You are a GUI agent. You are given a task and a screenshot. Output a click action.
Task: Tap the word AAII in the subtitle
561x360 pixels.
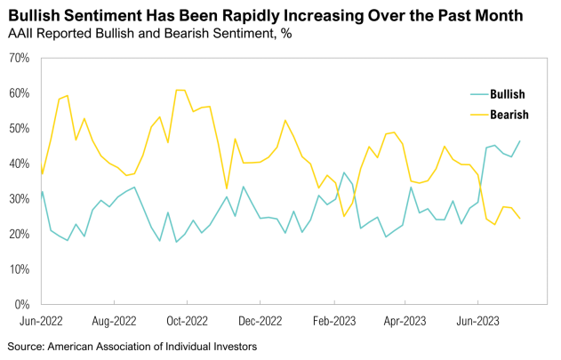click(x=22, y=34)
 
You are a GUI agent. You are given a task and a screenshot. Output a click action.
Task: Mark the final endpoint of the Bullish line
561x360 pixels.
click(x=520, y=141)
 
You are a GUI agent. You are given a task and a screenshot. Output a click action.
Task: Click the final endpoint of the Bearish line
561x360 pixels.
click(x=520, y=219)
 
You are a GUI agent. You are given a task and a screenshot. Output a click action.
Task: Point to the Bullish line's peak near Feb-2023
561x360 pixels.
click(x=344, y=172)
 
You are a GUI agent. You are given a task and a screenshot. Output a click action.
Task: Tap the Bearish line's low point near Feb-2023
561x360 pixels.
click(x=344, y=216)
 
